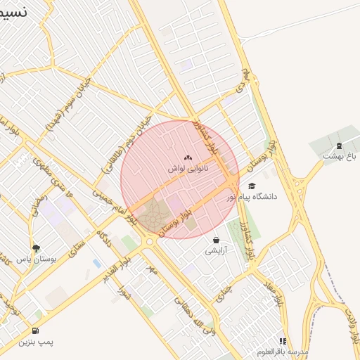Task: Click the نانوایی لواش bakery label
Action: (186, 169)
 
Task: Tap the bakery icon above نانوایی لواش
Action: (186, 158)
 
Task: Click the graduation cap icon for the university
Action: (252, 186)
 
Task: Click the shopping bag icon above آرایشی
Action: (215, 240)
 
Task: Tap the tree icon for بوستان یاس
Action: (36, 247)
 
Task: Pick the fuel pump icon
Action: (35, 330)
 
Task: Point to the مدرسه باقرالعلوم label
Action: (283, 351)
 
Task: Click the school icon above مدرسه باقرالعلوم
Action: (283, 341)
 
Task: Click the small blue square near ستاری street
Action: (96, 263)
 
